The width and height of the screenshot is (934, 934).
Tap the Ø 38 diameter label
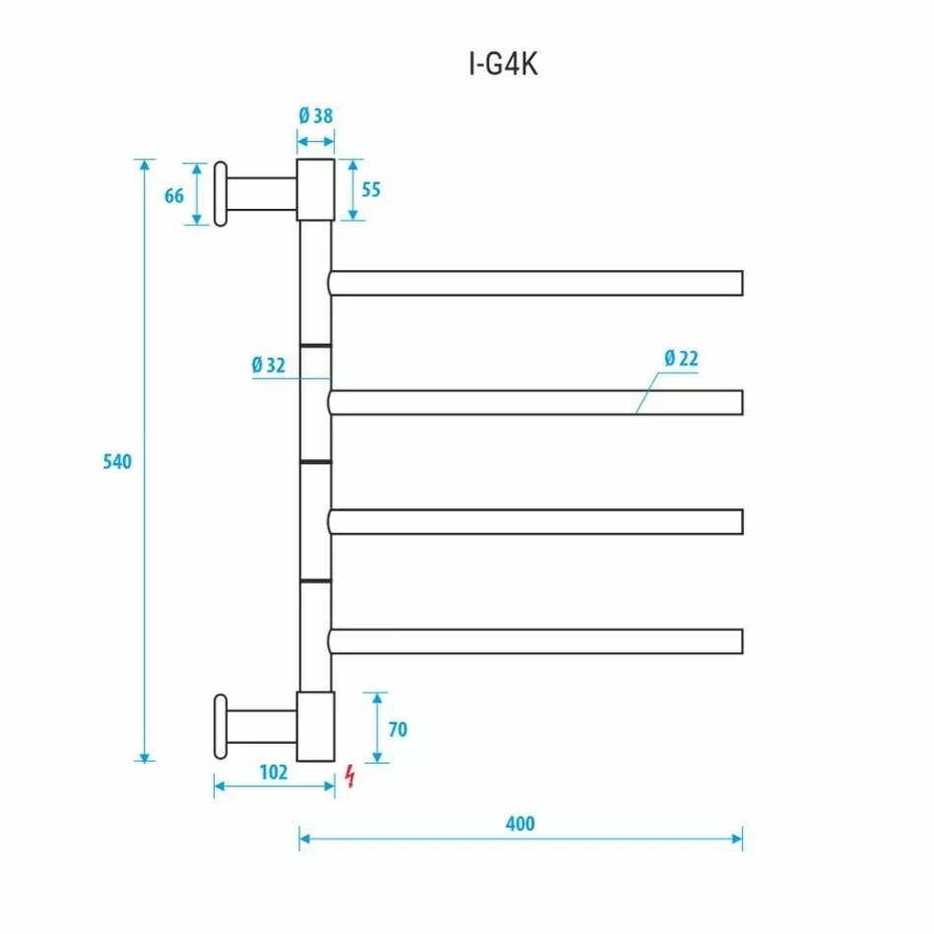pyautogui.click(x=315, y=115)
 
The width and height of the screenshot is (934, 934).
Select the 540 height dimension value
pyautogui.click(x=117, y=461)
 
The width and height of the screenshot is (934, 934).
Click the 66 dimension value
pyautogui.click(x=174, y=195)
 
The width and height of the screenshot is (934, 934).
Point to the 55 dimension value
pyautogui.click(x=369, y=189)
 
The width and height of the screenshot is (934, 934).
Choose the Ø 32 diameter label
pyautogui.click(x=268, y=365)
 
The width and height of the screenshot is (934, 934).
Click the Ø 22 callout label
pyautogui.click(x=680, y=359)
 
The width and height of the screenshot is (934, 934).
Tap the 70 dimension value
pyautogui.click(x=397, y=730)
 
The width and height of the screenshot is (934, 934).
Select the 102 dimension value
pyautogui.click(x=273, y=772)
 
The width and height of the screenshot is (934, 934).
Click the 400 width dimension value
pyautogui.click(x=520, y=823)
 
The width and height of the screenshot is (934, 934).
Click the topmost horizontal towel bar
pyautogui.click(x=536, y=283)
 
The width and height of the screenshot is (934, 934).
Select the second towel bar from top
pyautogui.click(x=536, y=402)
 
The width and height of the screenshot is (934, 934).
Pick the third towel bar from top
pyautogui.click(x=536, y=521)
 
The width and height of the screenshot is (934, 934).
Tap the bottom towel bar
pyautogui.click(x=536, y=641)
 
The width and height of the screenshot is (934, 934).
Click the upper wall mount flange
pyautogui.click(x=221, y=193)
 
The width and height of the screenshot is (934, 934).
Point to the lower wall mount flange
pyautogui.click(x=221, y=727)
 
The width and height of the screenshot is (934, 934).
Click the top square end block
pyautogui.click(x=316, y=189)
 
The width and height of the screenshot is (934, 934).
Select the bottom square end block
pyautogui.click(x=316, y=725)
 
